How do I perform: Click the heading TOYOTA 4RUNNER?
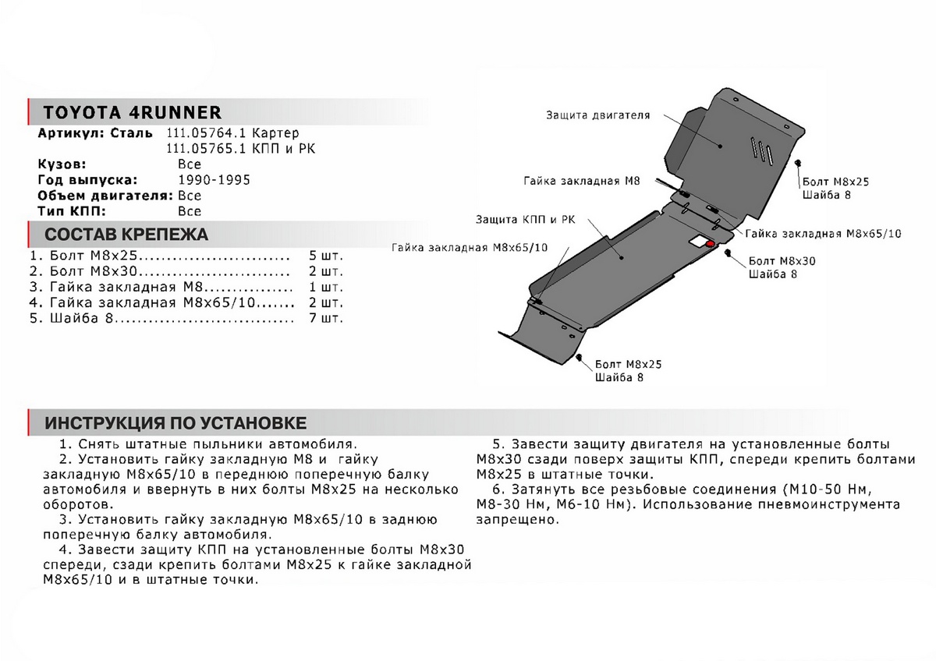point(132,111)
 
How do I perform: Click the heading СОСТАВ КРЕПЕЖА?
point(126,235)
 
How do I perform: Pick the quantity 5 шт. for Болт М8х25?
point(325,256)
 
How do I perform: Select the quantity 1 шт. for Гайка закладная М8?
point(325,287)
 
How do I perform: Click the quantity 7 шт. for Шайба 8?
point(325,318)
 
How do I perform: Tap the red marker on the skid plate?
point(709,244)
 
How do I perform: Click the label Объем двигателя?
point(105,196)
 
